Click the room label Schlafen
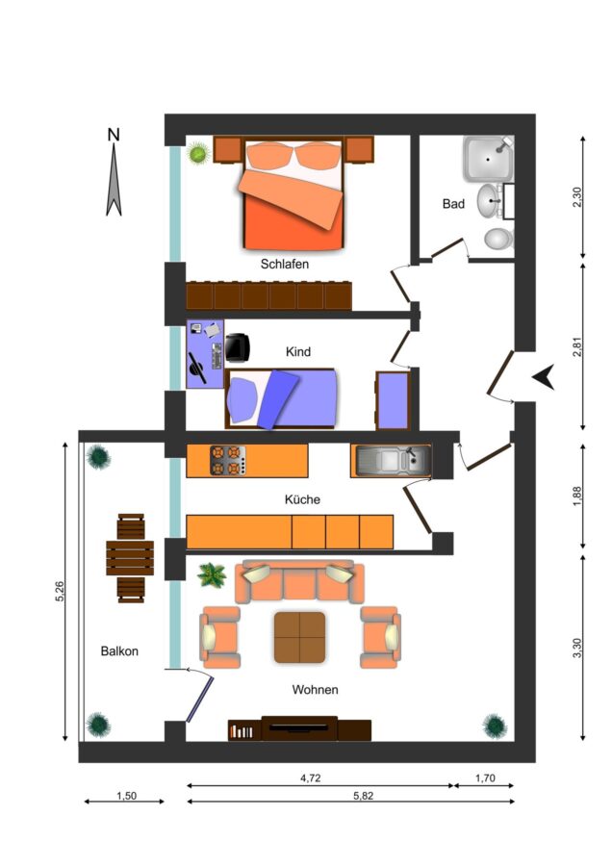(285, 264)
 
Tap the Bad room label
(453, 204)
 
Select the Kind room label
(298, 352)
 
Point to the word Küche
(302, 499)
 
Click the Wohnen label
(315, 689)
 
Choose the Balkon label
(119, 651)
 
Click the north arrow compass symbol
(114, 172)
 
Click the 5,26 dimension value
(61, 591)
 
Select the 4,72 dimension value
(311, 778)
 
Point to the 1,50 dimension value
(126, 796)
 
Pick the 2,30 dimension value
(577, 197)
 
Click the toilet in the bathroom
(498, 240)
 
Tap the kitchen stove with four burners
(227, 461)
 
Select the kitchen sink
(393, 461)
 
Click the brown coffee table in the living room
(299, 637)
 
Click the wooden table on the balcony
(130, 558)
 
